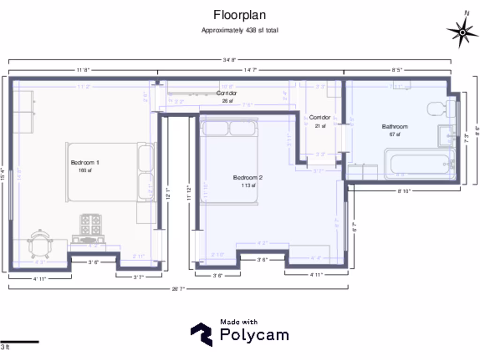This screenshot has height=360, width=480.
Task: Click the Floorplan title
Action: (240, 15)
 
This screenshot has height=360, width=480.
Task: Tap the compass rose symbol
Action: (463, 31)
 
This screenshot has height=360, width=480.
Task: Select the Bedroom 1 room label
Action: (85, 163)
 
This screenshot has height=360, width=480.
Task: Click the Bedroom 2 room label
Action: (247, 178)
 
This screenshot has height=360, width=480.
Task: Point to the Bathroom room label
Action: (395, 127)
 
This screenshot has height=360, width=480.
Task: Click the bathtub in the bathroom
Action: (419, 164)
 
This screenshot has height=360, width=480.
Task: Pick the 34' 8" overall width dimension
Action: (229, 60)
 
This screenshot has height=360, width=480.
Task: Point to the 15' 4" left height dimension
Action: (3, 174)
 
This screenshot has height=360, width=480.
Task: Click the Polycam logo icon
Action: (201, 334)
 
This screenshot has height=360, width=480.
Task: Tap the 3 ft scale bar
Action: (19, 342)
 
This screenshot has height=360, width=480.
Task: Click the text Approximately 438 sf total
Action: (240, 30)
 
